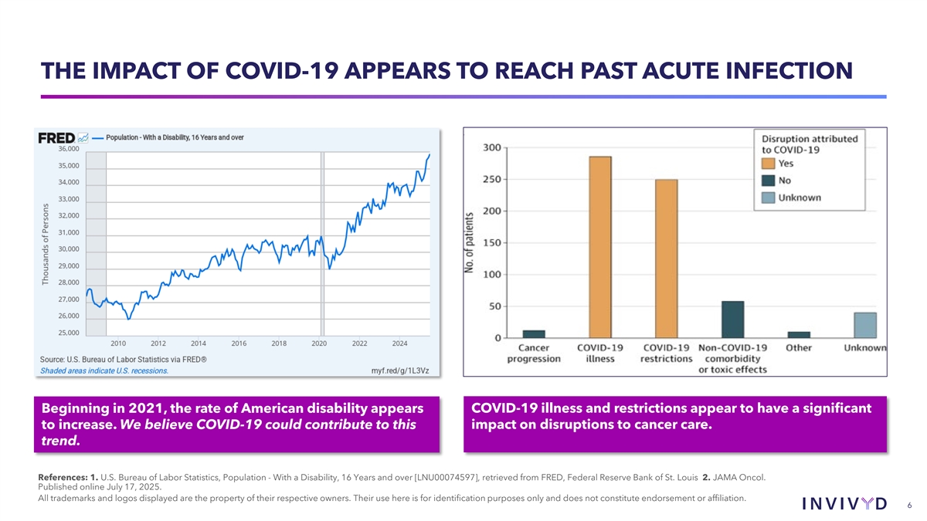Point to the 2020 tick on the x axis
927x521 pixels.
[x=319, y=343]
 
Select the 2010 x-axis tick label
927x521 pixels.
[x=118, y=343]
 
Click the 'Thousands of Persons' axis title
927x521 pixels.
[x=46, y=244]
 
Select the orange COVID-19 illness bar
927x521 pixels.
[x=600, y=247]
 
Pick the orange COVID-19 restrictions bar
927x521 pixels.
[x=666, y=259]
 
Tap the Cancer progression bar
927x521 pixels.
[x=534, y=334]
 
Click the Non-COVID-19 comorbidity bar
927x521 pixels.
[x=732, y=320]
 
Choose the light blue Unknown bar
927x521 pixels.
[x=865, y=325]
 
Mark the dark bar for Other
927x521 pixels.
[x=799, y=335]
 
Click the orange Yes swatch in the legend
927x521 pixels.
[x=769, y=164]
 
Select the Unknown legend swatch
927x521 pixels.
[x=769, y=198]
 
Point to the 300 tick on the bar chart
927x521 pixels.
[x=491, y=147]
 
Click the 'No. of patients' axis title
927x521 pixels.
[x=469, y=242]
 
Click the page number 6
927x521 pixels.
[x=909, y=505]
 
